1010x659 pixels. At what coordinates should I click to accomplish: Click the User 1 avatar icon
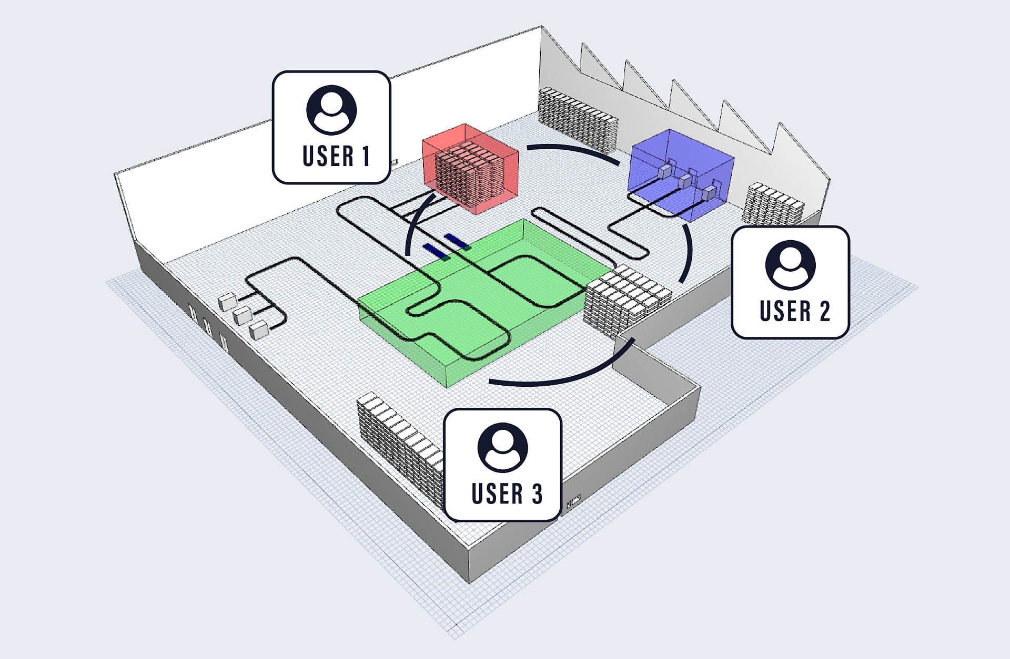click(x=331, y=110)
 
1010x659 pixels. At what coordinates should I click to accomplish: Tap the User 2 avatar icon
click(x=790, y=265)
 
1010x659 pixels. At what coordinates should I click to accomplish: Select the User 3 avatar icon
click(x=502, y=448)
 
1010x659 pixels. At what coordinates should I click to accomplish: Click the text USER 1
click(x=336, y=156)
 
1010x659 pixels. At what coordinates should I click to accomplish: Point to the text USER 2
click(x=795, y=311)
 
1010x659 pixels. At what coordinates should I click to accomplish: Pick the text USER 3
click(x=507, y=493)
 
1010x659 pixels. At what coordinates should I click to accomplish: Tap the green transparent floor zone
click(x=481, y=302)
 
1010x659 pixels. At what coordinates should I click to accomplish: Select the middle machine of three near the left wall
click(x=242, y=315)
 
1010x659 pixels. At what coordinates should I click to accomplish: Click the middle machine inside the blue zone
click(x=684, y=182)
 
